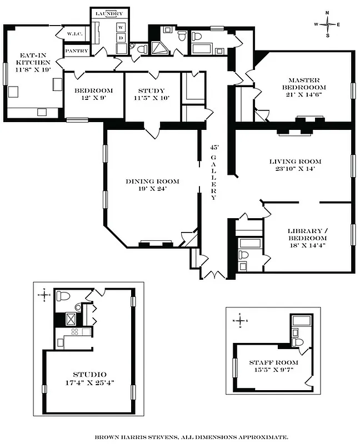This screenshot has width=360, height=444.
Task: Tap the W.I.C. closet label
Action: (75, 34)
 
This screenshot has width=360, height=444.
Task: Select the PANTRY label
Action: (77, 51)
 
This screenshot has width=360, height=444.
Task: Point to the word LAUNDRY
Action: (109, 13)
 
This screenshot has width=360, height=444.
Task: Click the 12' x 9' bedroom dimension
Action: (93, 98)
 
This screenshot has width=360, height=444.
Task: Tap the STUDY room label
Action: (151, 90)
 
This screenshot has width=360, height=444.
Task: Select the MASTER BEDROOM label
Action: (303, 83)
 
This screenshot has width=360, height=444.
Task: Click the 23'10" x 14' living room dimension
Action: (295, 169)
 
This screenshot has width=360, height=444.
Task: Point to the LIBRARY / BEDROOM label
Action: (303, 235)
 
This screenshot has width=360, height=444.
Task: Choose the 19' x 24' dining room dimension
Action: (152, 189)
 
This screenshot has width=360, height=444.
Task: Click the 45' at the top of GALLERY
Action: (214, 148)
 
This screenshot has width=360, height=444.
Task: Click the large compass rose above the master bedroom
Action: (328, 24)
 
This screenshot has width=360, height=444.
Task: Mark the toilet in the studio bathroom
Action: (63, 295)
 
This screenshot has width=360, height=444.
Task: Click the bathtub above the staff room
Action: (301, 320)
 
